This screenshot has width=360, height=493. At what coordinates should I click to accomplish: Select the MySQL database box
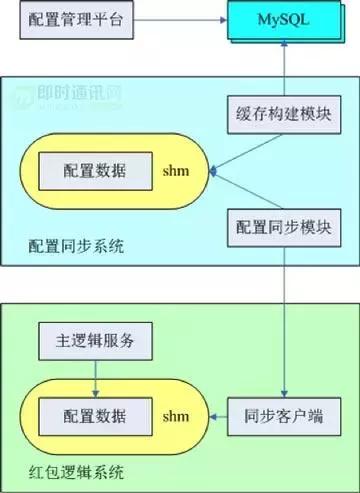coord(285,21)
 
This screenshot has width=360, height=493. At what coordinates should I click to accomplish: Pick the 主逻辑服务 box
coord(95,342)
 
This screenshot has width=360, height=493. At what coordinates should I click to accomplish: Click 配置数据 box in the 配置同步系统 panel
coord(92,170)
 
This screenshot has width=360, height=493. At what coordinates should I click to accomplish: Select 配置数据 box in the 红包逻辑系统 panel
coord(92,413)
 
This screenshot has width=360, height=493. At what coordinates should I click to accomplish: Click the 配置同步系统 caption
coord(76,246)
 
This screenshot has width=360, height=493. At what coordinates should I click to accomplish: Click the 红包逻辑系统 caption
coord(76,470)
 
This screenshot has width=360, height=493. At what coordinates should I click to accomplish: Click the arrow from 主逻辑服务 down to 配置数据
coord(95,377)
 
